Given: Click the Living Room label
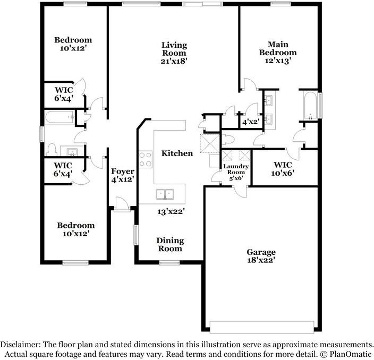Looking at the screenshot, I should coord(174,48).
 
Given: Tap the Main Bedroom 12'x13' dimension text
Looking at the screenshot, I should coord(277,61).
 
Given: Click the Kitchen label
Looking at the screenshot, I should coord(177,153).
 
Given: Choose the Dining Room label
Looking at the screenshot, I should coord(169,244).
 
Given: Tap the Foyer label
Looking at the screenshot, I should coord(122,171).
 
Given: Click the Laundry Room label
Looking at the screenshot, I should coord(234,169).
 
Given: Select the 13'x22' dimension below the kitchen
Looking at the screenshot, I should coord(170,211).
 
